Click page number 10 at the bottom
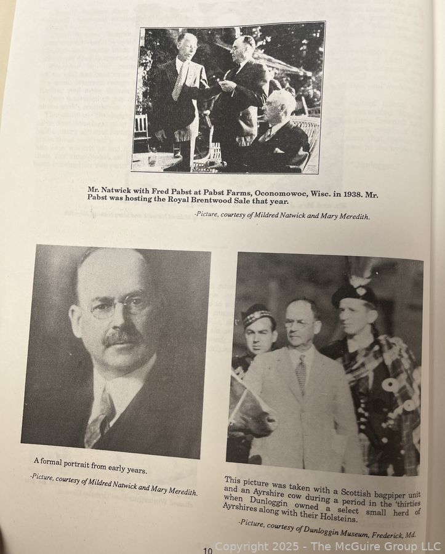point(207,550)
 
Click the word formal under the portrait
point(57,460)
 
